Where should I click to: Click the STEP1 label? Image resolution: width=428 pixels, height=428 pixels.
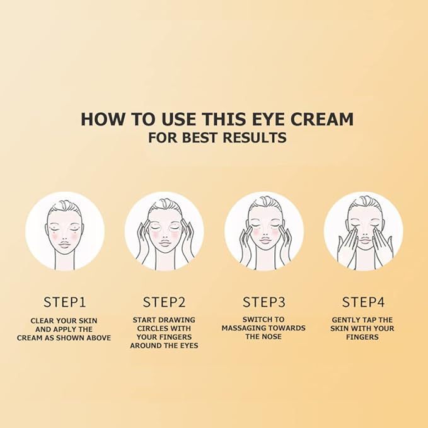coord(64,301)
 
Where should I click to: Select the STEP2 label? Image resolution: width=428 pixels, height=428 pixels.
coord(164,301)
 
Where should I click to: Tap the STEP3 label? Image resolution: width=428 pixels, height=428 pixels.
coord(263,301)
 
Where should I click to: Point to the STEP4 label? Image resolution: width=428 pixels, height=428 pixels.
coord(363,301)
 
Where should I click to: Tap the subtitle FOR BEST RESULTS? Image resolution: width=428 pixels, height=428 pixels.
coord(217,137)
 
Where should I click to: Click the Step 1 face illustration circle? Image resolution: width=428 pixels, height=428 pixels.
coord(64,231)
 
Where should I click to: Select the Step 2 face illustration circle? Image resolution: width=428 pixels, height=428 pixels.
coord(164,231)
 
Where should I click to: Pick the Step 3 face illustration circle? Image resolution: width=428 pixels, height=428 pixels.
coord(263,231)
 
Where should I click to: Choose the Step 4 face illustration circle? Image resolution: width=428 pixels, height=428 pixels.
coord(363,231)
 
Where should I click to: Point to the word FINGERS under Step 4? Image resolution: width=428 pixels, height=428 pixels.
coord(362,337)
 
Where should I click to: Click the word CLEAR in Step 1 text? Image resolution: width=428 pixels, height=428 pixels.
coord(43,321)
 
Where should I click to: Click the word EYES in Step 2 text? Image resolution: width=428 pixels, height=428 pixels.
coord(187,345)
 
